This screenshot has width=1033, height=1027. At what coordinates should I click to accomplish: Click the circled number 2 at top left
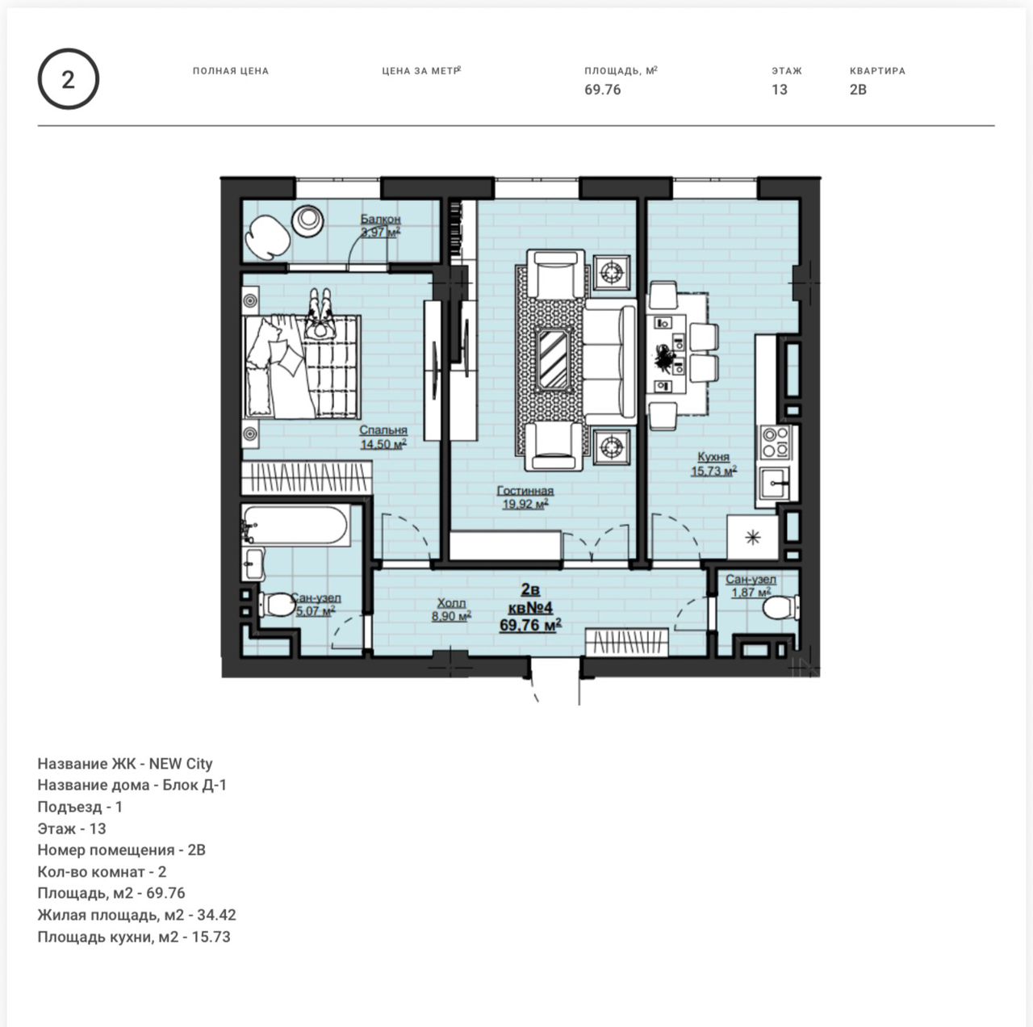[68, 79]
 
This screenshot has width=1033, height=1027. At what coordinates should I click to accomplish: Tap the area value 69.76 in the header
[603, 90]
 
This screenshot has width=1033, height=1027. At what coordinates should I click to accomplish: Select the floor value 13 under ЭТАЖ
[780, 90]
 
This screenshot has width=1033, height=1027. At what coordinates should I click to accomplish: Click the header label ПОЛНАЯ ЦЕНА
[231, 71]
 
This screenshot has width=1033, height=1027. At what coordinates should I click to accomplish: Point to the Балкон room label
[381, 219]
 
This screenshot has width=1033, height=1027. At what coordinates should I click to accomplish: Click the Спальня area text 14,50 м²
[383, 444]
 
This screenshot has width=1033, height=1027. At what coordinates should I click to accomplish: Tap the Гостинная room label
[525, 490]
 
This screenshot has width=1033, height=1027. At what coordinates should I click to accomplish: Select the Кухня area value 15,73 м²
[713, 471]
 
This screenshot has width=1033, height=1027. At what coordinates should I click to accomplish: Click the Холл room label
[451, 602]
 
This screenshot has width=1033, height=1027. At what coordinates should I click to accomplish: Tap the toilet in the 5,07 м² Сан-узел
[277, 605]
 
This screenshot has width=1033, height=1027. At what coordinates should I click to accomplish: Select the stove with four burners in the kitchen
[776, 442]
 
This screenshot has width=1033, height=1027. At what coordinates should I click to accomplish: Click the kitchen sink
[775, 484]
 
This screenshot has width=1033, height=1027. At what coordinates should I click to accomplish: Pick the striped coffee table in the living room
[553, 359]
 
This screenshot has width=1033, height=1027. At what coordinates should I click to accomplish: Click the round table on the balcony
[307, 221]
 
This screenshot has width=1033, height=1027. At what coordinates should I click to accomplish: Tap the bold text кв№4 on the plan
[531, 608]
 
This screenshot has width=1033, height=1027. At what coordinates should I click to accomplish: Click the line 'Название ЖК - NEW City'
[125, 764]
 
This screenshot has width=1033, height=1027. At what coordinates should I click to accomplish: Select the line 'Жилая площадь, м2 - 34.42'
[136, 915]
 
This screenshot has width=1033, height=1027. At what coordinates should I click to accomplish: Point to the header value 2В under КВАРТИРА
[858, 90]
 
